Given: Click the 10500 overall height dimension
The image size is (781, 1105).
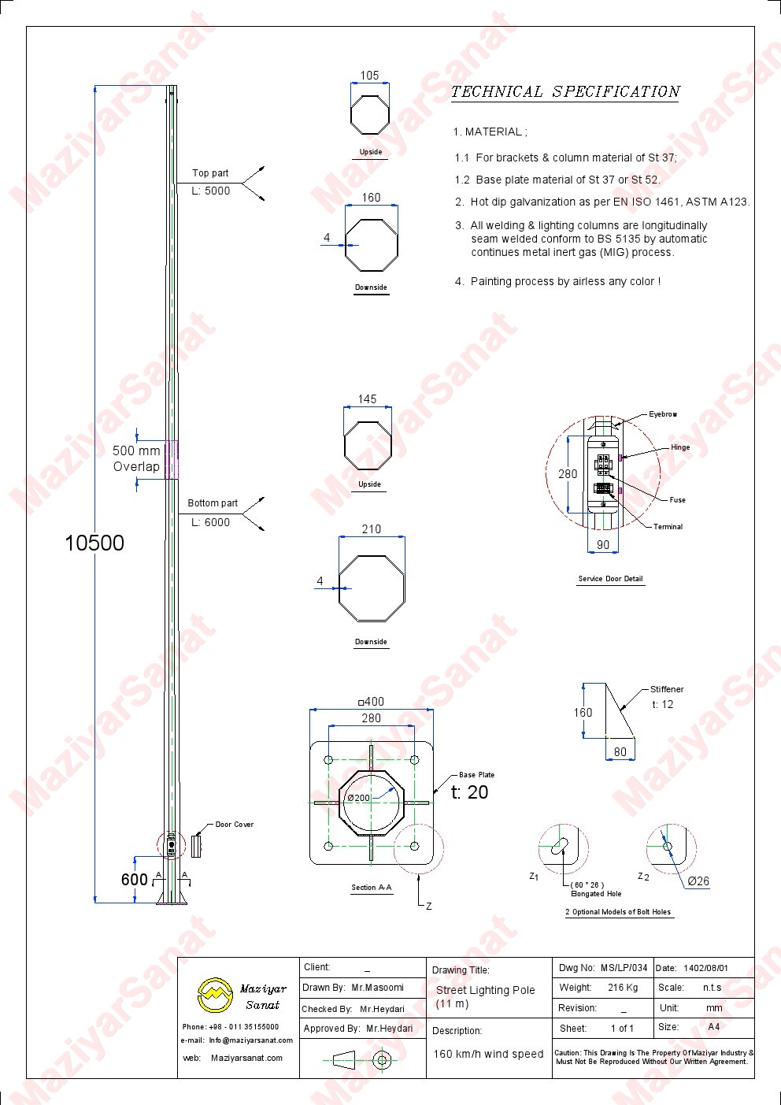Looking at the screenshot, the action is click(94, 543).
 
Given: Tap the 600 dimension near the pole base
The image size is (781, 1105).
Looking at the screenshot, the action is click(134, 880).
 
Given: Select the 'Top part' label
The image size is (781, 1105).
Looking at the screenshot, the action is click(210, 173).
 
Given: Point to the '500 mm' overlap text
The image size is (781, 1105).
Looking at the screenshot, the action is click(136, 451).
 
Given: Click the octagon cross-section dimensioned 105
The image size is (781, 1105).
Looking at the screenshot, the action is click(370, 114).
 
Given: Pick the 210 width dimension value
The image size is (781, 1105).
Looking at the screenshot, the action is click(372, 529).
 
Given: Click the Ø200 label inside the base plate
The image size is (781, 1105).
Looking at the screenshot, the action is click(358, 798).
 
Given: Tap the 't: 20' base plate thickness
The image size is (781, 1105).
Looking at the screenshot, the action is click(469, 792).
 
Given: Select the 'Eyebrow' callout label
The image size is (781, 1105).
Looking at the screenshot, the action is click(663, 414).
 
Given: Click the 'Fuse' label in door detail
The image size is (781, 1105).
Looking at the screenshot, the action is click(677, 499).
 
